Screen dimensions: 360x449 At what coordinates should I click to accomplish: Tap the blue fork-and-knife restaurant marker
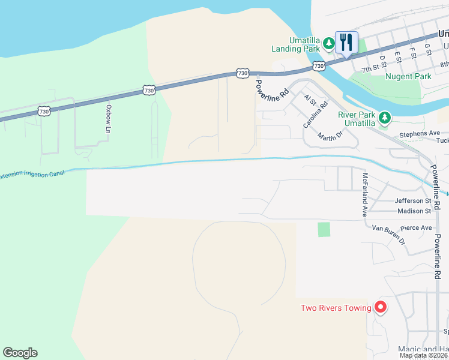(x=346, y=42)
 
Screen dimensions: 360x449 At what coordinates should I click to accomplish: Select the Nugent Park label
(x=408, y=77)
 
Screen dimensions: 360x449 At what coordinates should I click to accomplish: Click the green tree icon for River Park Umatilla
(x=385, y=118)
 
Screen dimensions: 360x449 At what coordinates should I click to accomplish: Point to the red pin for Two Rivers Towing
(x=380, y=307)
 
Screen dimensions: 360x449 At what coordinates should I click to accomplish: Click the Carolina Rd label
(x=315, y=114)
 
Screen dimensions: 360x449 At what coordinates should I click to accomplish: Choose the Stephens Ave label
(x=420, y=133)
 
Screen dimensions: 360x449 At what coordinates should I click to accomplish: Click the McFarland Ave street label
(x=364, y=195)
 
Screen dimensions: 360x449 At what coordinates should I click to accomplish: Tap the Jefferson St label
(x=413, y=201)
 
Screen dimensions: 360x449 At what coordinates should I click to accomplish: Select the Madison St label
(x=414, y=211)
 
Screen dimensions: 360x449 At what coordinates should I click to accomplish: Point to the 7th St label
(x=370, y=69)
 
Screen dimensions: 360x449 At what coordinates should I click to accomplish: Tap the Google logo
(x=20, y=353)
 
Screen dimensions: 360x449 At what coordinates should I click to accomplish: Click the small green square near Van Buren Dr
(x=324, y=229)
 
